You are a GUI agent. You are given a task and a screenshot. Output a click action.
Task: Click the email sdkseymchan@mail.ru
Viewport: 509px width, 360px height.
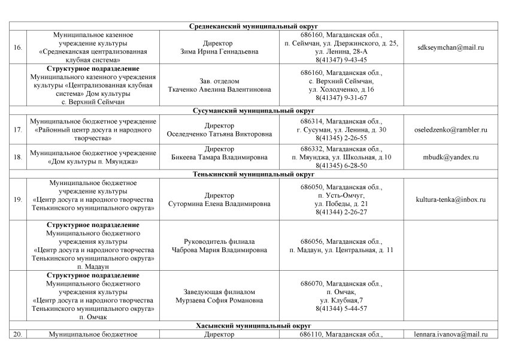tap(451, 47)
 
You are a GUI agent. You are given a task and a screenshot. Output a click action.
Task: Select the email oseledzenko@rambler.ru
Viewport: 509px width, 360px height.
tap(451, 129)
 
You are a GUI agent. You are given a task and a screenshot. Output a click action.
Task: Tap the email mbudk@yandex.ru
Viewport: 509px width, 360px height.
tap(451, 157)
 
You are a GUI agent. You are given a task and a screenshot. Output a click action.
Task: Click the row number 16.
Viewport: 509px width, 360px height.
tap(18, 47)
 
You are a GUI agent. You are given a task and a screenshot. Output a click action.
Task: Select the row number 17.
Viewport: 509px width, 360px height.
tap(18, 129)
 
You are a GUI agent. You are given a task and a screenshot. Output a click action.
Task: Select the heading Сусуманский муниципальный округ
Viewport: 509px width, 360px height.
tap(255, 111)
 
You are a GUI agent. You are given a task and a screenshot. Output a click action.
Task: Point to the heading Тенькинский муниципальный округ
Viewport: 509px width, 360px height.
tap(255, 174)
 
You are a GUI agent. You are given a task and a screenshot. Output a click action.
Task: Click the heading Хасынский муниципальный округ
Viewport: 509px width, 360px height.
tap(255, 326)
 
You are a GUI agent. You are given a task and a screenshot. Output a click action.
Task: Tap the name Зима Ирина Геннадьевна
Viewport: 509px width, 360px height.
tap(219, 52)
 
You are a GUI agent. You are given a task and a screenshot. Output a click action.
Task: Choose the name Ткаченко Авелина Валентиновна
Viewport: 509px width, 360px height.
tap(219, 89)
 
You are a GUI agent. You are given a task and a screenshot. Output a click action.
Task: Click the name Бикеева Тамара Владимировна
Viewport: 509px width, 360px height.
tap(219, 153)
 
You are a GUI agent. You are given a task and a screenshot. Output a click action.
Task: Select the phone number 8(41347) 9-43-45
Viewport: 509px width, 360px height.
tap(341, 60)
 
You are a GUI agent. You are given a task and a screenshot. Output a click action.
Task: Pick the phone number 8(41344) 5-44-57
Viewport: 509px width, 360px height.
tap(341, 308)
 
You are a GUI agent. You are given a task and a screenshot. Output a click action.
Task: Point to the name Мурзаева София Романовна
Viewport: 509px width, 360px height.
tap(219, 300)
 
